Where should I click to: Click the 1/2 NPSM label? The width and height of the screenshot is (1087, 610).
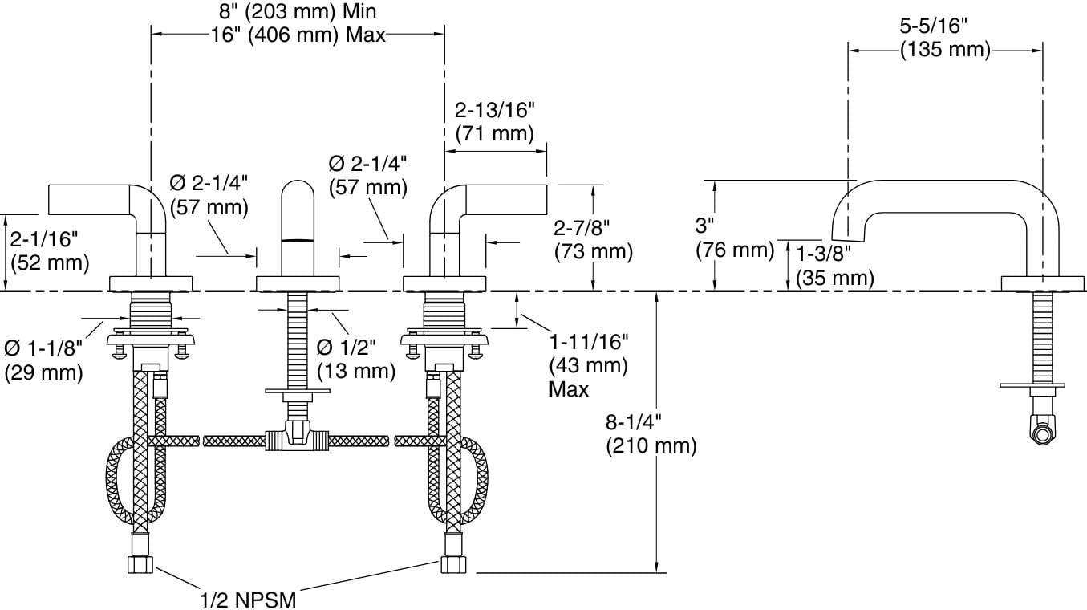(248, 599)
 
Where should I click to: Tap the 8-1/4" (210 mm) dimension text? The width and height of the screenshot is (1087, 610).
(651, 433)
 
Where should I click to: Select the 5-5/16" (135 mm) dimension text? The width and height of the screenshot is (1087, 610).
(944, 38)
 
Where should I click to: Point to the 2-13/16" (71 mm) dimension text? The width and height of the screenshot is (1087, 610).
(494, 121)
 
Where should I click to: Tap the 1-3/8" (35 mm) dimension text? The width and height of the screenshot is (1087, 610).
(834, 266)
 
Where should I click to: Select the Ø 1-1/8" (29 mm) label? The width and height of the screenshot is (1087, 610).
(44, 360)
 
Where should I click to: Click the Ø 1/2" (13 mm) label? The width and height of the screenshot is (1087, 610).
(356, 360)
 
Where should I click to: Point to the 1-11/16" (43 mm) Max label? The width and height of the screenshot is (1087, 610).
(588, 365)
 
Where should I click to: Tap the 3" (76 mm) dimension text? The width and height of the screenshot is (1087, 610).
(733, 238)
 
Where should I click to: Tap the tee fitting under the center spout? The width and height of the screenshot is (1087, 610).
(298, 438)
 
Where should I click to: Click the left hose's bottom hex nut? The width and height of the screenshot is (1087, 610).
(140, 564)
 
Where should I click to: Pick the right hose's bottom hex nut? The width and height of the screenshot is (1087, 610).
(452, 564)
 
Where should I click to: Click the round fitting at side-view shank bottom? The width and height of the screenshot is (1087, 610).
(1042, 434)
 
